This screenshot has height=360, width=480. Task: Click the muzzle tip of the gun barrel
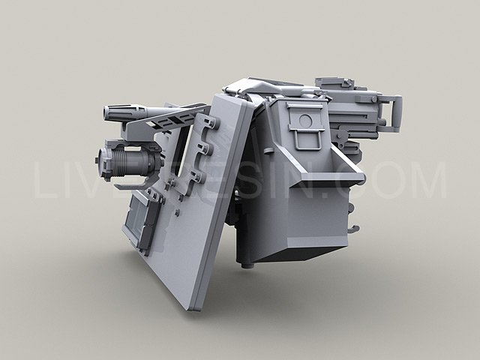pos(107,115)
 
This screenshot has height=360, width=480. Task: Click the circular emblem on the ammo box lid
pos(305,120)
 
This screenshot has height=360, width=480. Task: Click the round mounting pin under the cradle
pos(248,263)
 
